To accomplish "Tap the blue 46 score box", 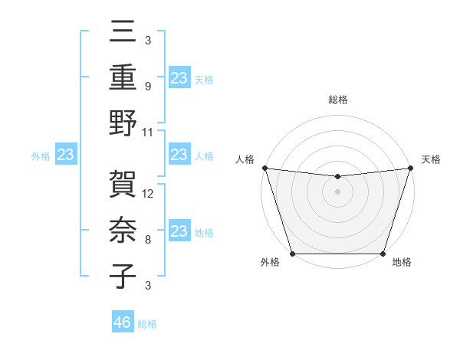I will coord(123,322).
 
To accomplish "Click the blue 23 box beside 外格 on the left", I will coord(66,155).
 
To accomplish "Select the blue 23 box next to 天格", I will coord(179,77).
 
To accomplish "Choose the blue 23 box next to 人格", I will coord(179,155).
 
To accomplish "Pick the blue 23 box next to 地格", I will coord(179,232).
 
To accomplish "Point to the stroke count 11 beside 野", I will coord(149,132).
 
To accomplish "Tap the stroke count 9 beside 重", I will coord(147,86).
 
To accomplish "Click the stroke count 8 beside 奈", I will coord(147,240).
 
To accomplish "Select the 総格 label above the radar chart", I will coord(337,100).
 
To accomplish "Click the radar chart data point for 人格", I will coord(264,168).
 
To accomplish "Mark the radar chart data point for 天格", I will coord(410,168).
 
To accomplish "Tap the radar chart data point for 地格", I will coord(383,254).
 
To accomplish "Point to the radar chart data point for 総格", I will coord(337,177).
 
